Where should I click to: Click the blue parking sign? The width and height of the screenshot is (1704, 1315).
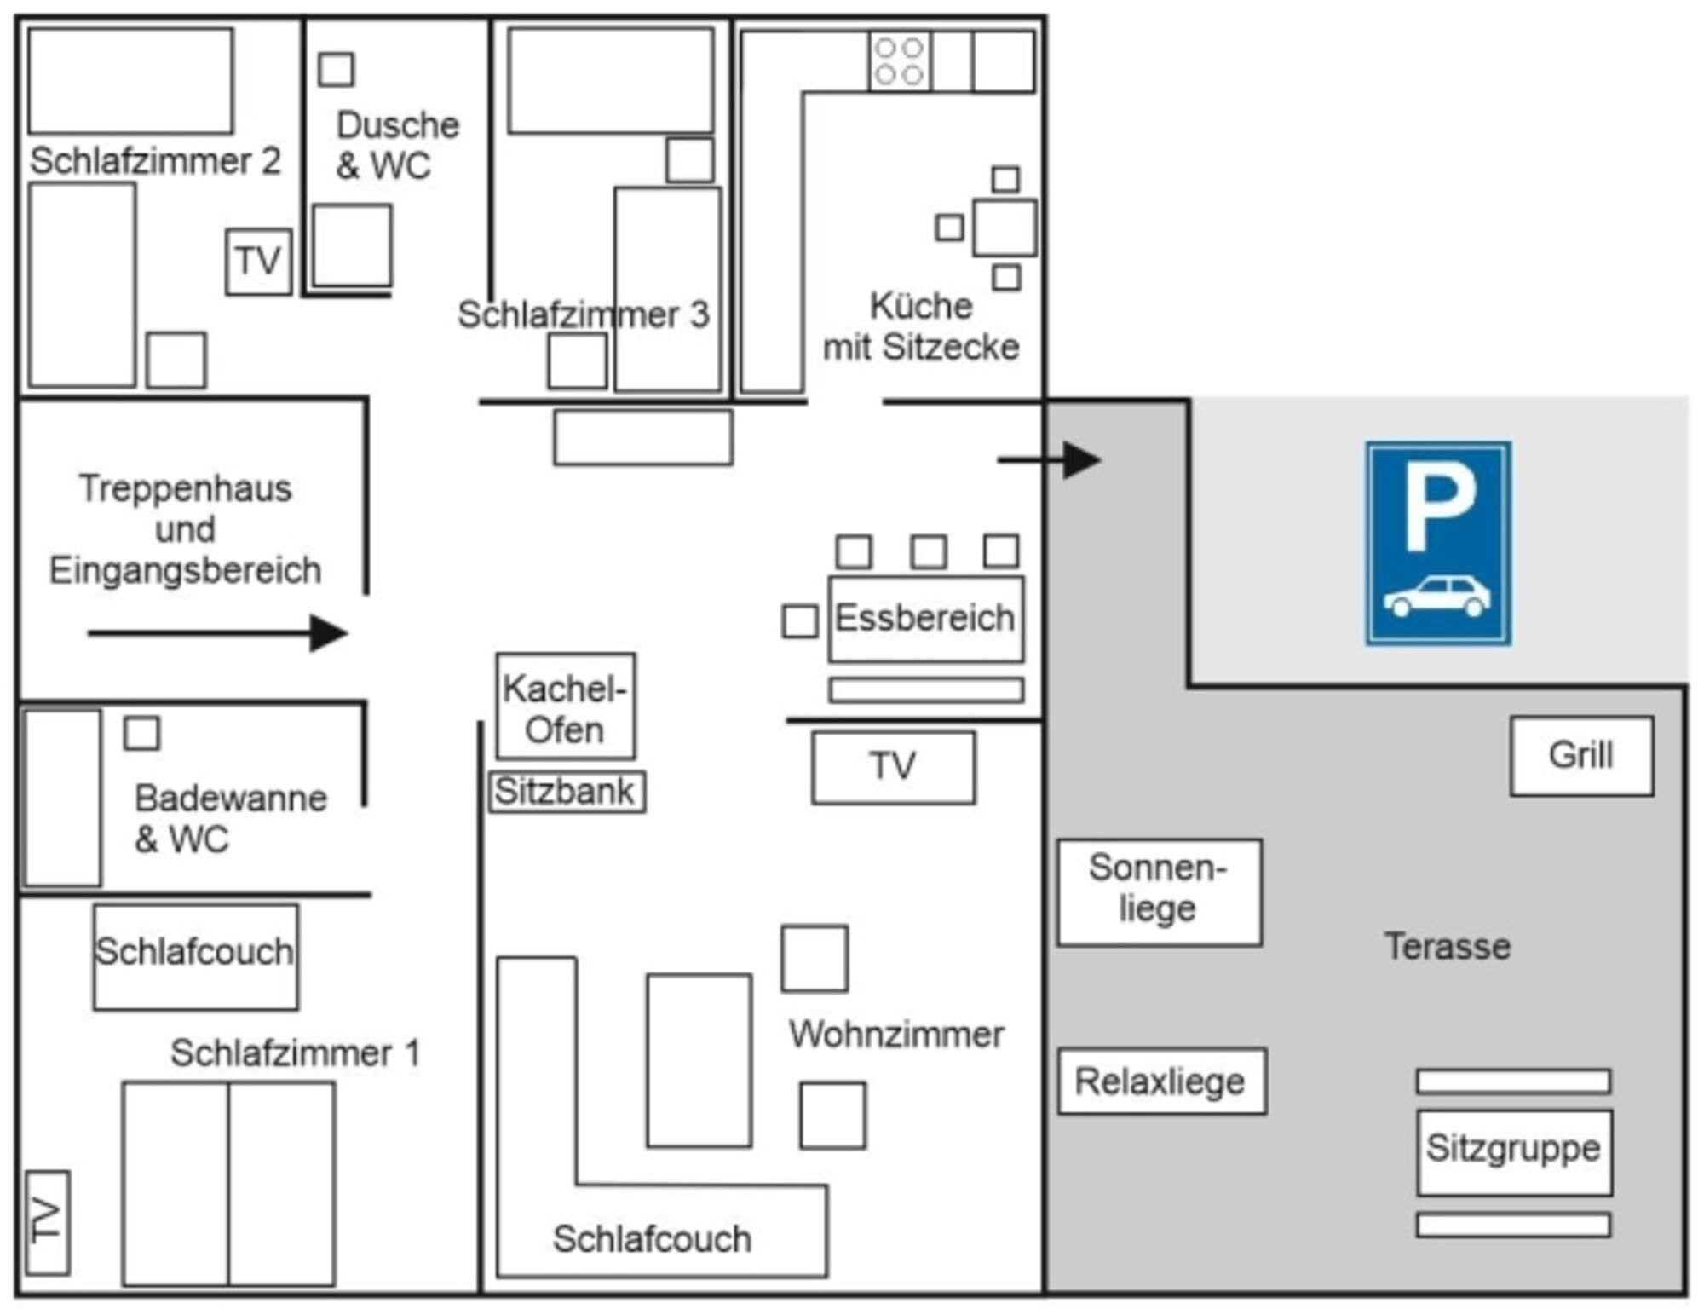1438,543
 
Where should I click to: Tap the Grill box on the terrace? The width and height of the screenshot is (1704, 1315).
1581,756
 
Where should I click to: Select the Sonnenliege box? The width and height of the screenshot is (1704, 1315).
1159,891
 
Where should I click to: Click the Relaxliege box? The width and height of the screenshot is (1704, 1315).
1162,1081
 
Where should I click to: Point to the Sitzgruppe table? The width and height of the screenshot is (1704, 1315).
1514,1151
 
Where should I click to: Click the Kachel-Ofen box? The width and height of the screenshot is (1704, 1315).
566,707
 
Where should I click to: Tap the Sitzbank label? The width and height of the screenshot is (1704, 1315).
566,792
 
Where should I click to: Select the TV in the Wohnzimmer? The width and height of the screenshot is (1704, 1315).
893,767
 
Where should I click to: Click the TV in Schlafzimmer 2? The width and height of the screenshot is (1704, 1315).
258,262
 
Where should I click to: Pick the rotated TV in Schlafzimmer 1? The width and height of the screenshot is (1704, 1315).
48,1222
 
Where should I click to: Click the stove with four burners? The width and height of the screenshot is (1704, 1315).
900,61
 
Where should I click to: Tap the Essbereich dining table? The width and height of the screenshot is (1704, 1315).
925,619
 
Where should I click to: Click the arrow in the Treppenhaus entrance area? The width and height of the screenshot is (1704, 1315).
218,633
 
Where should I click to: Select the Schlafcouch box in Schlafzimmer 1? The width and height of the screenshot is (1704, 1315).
195,956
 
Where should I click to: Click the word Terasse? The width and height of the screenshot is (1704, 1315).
1447,947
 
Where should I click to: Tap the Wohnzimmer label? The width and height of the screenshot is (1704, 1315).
896,1035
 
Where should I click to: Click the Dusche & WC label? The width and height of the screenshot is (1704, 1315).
397,145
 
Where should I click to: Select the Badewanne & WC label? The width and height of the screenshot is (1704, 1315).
230,818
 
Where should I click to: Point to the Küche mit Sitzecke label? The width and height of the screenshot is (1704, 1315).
921,326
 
